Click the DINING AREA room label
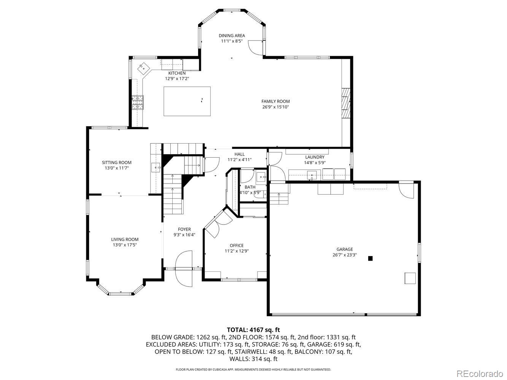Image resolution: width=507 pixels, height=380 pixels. tap(232, 36)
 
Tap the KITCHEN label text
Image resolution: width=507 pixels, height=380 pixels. tap(177, 73)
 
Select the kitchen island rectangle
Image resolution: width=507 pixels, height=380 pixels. tap(187, 101)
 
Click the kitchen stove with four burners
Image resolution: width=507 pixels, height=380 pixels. tap(138, 102)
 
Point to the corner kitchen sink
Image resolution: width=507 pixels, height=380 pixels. tap(144, 68)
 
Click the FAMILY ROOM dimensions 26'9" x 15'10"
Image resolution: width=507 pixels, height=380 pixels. tap(275, 107)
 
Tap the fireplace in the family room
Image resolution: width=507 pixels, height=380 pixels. tap(345, 103)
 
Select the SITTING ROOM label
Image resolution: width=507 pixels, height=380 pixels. tap(116, 163)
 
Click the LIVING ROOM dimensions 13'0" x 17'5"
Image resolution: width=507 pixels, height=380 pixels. tap(124, 245)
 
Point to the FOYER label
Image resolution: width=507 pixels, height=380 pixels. tap(184, 229)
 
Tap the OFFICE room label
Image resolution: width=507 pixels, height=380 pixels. tap(236, 245)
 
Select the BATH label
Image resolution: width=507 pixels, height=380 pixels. tap(250, 187)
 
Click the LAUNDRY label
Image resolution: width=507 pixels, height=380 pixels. tap(315, 157)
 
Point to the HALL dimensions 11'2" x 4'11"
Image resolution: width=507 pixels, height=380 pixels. tap(239, 160)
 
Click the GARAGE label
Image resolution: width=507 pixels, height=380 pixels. tap(344, 249)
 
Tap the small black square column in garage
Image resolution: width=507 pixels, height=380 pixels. tap(370, 258)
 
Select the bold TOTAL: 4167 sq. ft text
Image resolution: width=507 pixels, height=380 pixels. tap(253, 330)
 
